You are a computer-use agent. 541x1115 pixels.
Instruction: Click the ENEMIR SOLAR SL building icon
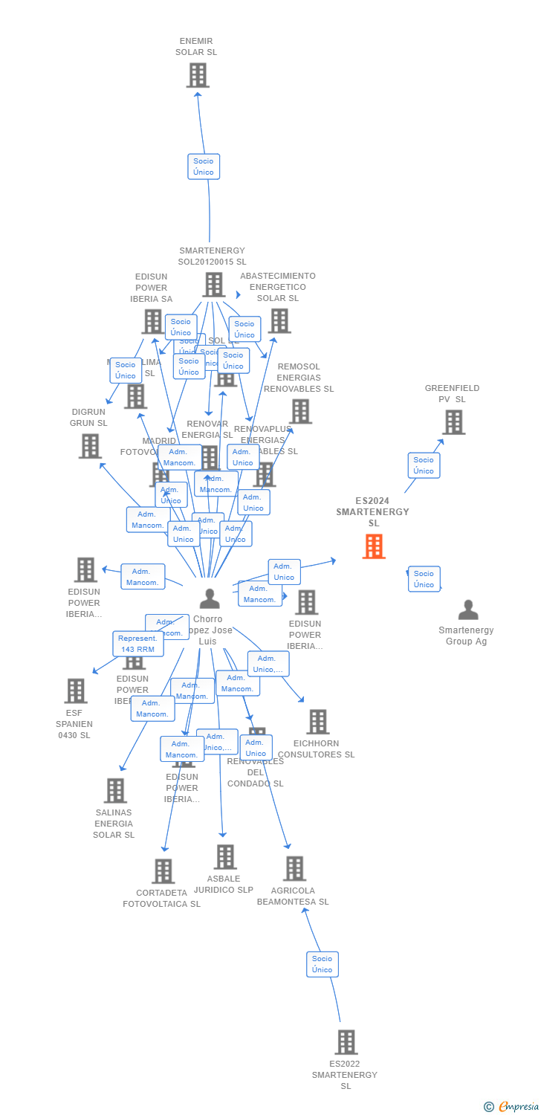(x=198, y=75)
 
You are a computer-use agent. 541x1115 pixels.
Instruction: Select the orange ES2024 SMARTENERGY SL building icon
(x=374, y=546)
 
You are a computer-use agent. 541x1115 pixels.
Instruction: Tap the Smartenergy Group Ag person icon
(x=468, y=610)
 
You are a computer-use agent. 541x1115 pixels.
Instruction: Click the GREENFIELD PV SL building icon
(x=453, y=422)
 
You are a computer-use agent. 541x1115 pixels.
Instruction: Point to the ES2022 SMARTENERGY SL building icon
(x=346, y=1042)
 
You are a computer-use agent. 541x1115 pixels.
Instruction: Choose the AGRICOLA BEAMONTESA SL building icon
(x=294, y=868)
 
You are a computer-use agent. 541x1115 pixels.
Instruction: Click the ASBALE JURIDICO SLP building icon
(x=225, y=856)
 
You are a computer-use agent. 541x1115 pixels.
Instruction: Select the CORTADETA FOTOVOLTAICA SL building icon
(x=163, y=871)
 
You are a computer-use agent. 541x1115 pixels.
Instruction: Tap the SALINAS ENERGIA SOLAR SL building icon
(x=115, y=791)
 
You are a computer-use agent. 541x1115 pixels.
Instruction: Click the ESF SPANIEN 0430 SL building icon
(x=75, y=691)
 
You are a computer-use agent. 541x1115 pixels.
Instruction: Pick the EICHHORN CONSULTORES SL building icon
(x=317, y=721)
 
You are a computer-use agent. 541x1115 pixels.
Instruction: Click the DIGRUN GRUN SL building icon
(x=90, y=446)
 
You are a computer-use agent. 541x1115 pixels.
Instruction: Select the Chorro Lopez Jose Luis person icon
(x=210, y=598)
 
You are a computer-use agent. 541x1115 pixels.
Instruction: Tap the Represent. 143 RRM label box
(x=138, y=644)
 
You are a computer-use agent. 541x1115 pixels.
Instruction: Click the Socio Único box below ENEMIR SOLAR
(x=204, y=167)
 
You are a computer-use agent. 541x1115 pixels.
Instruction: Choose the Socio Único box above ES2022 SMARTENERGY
(x=323, y=964)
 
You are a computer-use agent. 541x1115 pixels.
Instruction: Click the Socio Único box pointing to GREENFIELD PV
(x=424, y=465)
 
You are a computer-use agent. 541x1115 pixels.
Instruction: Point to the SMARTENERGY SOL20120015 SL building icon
(x=213, y=284)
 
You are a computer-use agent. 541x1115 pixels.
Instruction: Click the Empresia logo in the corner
(x=511, y=1107)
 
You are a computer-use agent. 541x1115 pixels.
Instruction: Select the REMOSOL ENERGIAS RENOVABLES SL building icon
(x=300, y=411)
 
